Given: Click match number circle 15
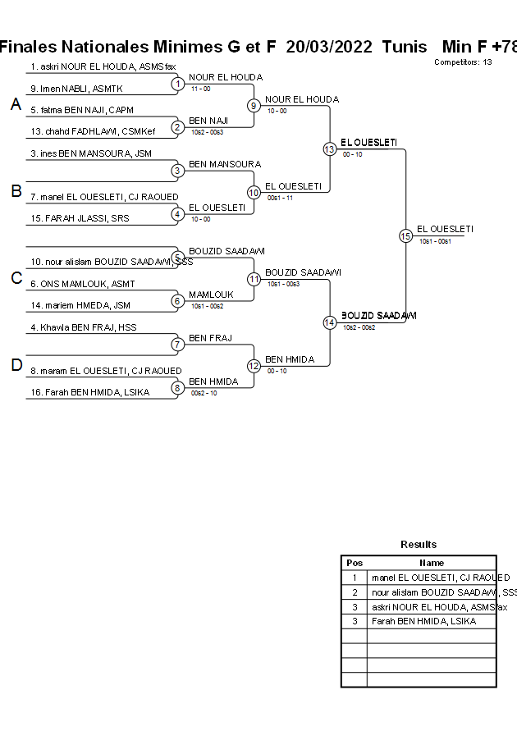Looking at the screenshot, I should [x=405, y=236].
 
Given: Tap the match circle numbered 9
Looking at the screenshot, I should [x=254, y=105].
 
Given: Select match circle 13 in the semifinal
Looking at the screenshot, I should [x=329, y=148].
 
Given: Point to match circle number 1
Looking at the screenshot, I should [x=177, y=84].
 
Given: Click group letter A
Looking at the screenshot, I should [x=16, y=104].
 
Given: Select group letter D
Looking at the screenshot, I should [x=16, y=365].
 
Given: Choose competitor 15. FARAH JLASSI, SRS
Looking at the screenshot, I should [x=80, y=218].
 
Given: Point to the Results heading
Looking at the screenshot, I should [x=419, y=544].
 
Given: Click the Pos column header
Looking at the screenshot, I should [x=355, y=563].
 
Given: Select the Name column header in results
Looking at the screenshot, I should [x=432, y=563].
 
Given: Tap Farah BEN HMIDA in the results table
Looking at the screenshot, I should [x=423, y=621].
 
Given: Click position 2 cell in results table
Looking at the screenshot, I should [x=355, y=592].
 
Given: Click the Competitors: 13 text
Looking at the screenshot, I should [x=463, y=62].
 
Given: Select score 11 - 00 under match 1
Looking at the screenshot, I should [x=201, y=88].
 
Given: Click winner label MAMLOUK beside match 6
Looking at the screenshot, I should [x=211, y=295].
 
